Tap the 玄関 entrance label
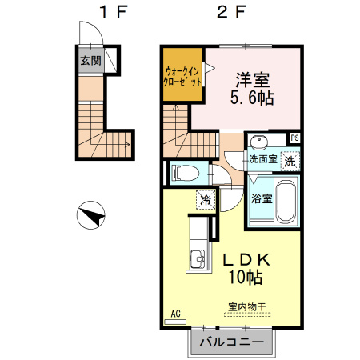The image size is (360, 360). pos(90,60)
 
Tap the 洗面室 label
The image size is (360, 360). pos(262,159)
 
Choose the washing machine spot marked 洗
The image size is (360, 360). pos(291,158)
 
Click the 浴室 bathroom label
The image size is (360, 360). pos(262,198)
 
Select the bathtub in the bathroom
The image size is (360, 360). pos(287,202)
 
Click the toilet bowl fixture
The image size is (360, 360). pos(183,171)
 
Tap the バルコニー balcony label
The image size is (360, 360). pos(230,342)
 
